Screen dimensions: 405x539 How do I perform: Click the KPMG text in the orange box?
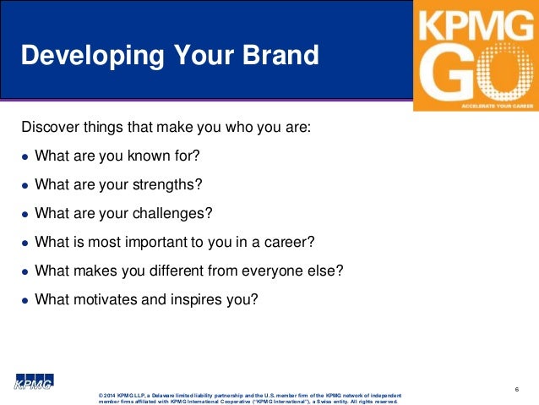[x=476, y=26]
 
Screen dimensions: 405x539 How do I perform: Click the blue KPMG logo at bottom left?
[x=33, y=382]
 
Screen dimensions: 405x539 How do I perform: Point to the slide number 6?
[x=515, y=389]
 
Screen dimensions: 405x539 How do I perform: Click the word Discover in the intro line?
[x=49, y=129]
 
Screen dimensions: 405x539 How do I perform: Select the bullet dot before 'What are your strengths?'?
[x=26, y=185]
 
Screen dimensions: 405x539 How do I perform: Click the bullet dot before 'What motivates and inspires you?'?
[x=26, y=299]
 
